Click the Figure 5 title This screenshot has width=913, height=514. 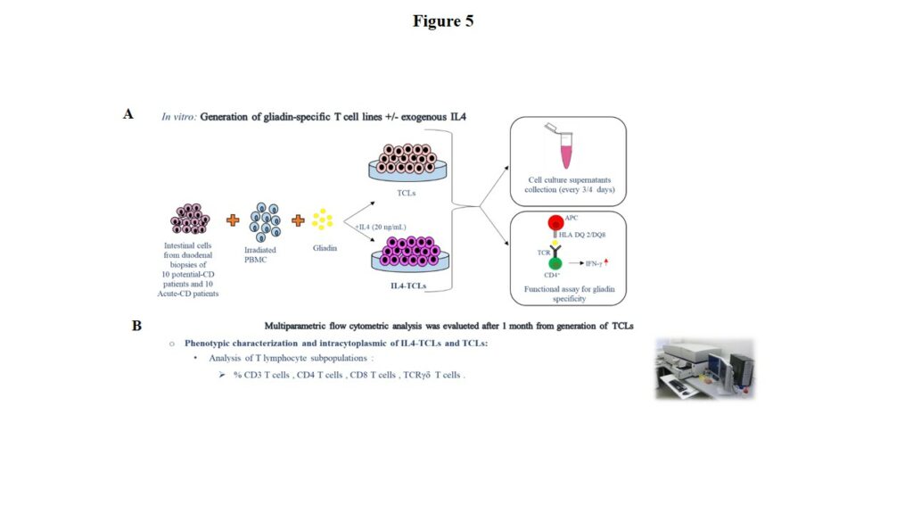[443, 21]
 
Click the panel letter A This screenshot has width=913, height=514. [129, 114]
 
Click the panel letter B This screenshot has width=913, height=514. [136, 326]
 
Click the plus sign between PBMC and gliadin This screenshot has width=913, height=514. [298, 220]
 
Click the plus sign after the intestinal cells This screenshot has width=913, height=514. [233, 220]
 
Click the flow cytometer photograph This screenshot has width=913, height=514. [704, 368]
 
